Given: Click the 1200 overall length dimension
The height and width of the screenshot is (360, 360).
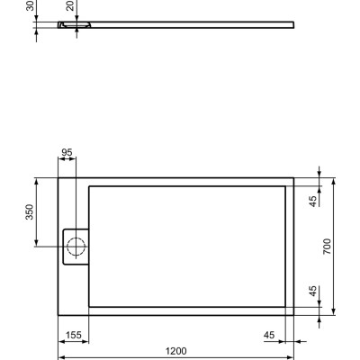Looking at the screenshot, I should click(176, 350).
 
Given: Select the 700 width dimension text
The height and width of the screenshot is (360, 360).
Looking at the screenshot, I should click(328, 246).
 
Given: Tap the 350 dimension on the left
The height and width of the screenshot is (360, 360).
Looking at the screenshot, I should click(29, 211).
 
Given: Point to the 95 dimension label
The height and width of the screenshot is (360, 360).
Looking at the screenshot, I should click(67, 152).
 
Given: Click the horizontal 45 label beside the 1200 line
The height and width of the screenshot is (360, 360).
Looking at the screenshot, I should click(269, 335).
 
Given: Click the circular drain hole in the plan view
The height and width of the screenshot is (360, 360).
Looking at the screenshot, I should click(76, 244).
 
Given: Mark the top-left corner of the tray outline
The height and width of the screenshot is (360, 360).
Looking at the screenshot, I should click(58, 176).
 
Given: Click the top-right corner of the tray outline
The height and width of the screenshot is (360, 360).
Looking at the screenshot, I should click(295, 176).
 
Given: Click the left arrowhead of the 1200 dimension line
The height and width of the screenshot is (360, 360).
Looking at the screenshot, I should click(61, 356).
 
